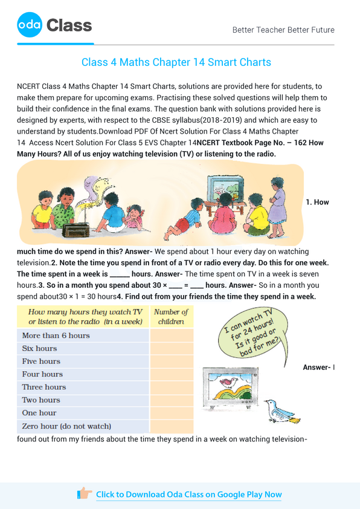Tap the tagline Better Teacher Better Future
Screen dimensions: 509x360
click(283, 30)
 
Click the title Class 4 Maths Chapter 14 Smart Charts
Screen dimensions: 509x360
click(176, 62)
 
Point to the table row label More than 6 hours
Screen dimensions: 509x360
click(56, 336)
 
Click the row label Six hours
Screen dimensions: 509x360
click(39, 348)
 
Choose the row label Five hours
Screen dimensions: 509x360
click(41, 361)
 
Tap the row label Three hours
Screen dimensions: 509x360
click(44, 387)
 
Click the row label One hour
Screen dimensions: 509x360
click(39, 413)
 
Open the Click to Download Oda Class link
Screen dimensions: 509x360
click(188, 494)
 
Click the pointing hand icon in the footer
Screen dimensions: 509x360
click(84, 493)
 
